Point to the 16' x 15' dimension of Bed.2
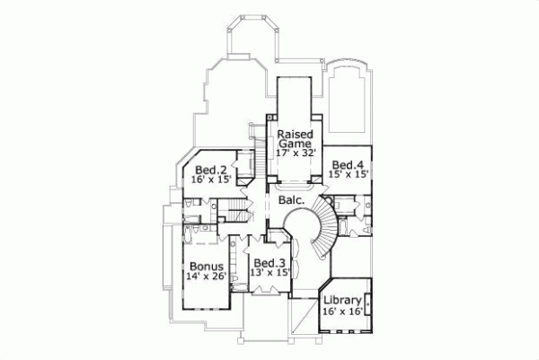point(211,180)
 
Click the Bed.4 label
point(347,164)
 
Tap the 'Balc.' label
point(289,202)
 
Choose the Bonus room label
point(206,267)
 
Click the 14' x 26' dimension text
point(207,277)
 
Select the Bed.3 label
point(269,263)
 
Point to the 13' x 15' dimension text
point(269,274)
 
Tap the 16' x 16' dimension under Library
point(342,312)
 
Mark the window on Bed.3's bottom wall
point(268,293)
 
